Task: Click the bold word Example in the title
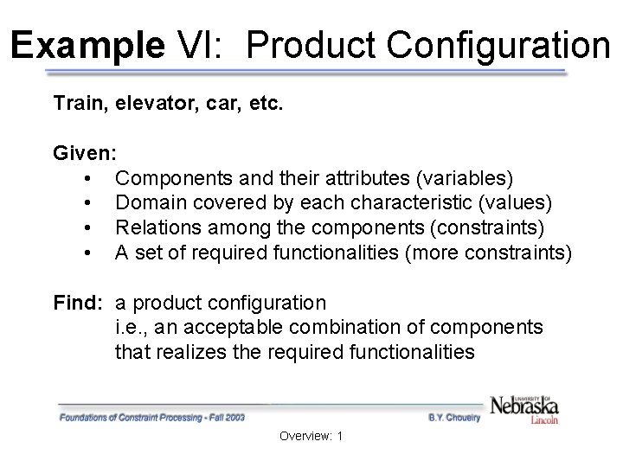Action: pos(87,44)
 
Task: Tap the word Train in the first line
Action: pos(75,105)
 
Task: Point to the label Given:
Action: pos(84,154)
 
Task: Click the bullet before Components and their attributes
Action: pos(89,179)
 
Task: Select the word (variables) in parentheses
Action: pos(466,178)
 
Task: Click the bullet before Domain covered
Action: pos(89,204)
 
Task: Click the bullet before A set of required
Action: pos(89,253)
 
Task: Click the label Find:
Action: pos(79,303)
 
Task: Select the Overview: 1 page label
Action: pos(311,436)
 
